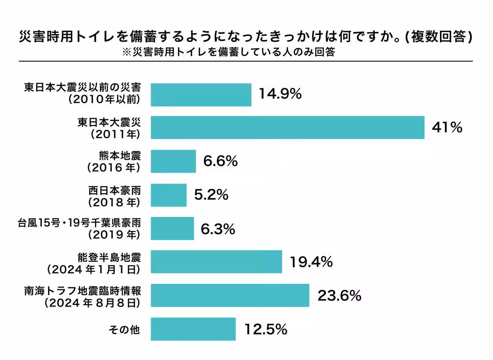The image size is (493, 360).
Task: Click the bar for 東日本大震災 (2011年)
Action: click(x=288, y=128)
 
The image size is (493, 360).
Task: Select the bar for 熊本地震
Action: click(x=173, y=162)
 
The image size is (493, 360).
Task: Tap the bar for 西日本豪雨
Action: click(x=169, y=195)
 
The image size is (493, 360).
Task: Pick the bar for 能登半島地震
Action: click(x=217, y=262)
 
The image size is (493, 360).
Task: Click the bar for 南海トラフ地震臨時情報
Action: click(x=230, y=295)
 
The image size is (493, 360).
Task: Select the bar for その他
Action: click(x=193, y=329)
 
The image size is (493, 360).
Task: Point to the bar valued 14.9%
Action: click(x=201, y=95)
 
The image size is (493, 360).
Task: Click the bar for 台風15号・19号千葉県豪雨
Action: click(x=173, y=228)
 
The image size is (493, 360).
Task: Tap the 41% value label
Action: click(x=447, y=128)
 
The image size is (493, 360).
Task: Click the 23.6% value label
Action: click(x=339, y=295)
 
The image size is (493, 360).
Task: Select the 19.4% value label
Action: click(x=311, y=262)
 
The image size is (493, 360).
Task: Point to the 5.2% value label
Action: click(x=211, y=195)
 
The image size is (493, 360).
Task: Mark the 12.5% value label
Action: click(x=265, y=329)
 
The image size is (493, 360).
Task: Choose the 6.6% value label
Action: click(x=220, y=162)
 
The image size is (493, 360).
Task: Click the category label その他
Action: click(x=124, y=329)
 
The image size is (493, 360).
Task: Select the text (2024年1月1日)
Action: click(x=94, y=270)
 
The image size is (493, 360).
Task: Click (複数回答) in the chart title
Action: click(x=438, y=37)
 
